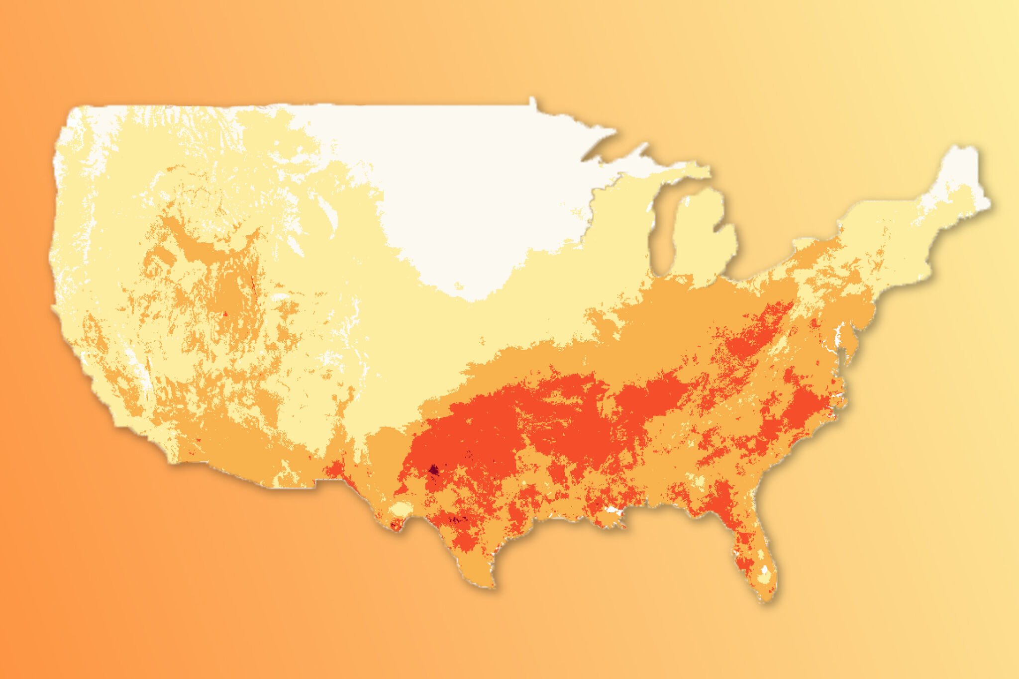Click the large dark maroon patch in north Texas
tap(434, 469)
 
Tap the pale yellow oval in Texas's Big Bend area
tap(400, 509)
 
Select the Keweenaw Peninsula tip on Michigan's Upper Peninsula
tap(646, 145)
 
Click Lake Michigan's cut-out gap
tap(662, 234)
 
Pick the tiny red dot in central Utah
tap(225, 313)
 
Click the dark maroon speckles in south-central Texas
tap(458, 520)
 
